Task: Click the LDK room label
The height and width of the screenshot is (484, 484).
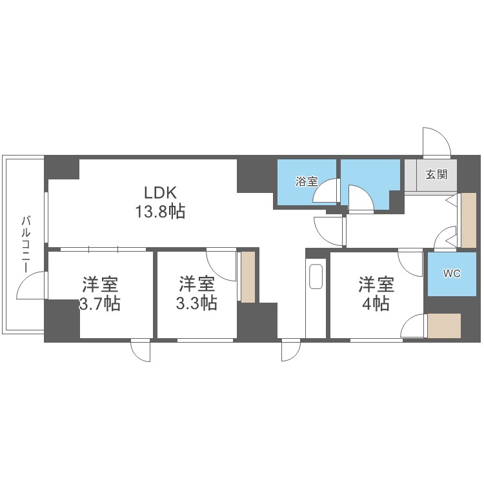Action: pyautogui.click(x=161, y=192)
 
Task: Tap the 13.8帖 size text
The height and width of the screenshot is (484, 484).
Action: pyautogui.click(x=160, y=212)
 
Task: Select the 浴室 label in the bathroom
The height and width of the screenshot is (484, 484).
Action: pyautogui.click(x=307, y=181)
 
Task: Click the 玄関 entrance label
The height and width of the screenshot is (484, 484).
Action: pyautogui.click(x=436, y=174)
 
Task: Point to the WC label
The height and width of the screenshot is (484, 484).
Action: pyautogui.click(x=452, y=274)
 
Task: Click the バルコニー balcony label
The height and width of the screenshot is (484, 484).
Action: pyautogui.click(x=26, y=245)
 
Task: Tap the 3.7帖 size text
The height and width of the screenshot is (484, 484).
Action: pyautogui.click(x=99, y=304)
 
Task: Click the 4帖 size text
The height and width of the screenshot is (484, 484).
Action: pyautogui.click(x=376, y=304)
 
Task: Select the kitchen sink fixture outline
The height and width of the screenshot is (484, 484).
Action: pyautogui.click(x=316, y=276)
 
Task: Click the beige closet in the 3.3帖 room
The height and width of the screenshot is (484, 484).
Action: pyautogui.click(x=248, y=277)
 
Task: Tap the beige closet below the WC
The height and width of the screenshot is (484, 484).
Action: pyautogui.click(x=444, y=326)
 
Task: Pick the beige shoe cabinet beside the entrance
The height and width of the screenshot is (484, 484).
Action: pyautogui.click(x=469, y=221)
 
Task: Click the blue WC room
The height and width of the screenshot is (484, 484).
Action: pyautogui.click(x=452, y=274)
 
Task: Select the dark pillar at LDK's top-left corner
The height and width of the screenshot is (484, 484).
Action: pyautogui.click(x=62, y=168)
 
